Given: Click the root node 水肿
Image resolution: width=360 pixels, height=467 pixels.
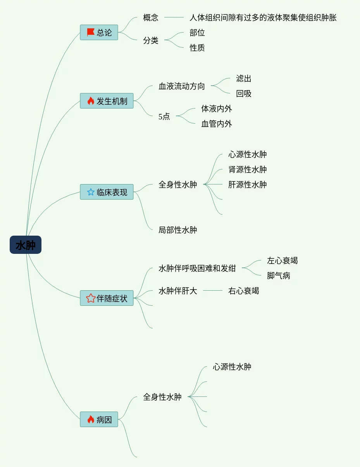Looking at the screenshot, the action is tap(26, 245).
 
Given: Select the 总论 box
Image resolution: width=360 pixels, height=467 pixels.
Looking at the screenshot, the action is tap(99, 33).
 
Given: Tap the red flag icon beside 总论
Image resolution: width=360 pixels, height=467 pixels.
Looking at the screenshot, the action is tap(91, 32).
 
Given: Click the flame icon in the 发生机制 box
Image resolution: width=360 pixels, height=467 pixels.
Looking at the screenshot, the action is tap(91, 101).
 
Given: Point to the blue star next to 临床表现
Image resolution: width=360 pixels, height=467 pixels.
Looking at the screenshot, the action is tap(91, 192).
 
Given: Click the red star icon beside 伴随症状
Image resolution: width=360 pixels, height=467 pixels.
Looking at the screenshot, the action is tap(91, 298).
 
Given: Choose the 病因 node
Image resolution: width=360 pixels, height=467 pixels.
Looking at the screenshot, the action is tap(99, 419).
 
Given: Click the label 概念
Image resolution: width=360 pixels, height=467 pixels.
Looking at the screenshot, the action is tap(151, 17).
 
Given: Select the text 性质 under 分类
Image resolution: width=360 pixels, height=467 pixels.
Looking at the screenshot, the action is tap(197, 48).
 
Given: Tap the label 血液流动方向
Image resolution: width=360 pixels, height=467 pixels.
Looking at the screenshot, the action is tap(182, 86).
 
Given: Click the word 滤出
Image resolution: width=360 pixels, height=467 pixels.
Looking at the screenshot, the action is tap(244, 79).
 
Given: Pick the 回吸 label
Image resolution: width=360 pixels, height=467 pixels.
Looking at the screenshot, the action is tap(244, 94).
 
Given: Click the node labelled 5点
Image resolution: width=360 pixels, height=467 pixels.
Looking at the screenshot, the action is tap(164, 116).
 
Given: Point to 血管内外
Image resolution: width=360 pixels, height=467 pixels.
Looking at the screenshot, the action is tap(217, 124).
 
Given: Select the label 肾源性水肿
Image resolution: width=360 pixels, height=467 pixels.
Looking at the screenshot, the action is tap(248, 169).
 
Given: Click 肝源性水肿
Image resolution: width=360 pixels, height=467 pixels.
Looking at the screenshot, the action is tap(248, 184).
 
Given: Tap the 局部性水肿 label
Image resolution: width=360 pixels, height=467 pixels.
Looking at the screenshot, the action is tap(178, 230).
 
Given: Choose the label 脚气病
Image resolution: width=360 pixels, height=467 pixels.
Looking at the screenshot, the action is tap(279, 276).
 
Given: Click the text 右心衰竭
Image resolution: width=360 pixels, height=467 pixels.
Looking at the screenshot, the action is tap(244, 291).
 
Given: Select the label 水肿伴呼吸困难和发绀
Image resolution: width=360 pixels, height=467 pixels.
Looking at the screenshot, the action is tap(197, 268).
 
